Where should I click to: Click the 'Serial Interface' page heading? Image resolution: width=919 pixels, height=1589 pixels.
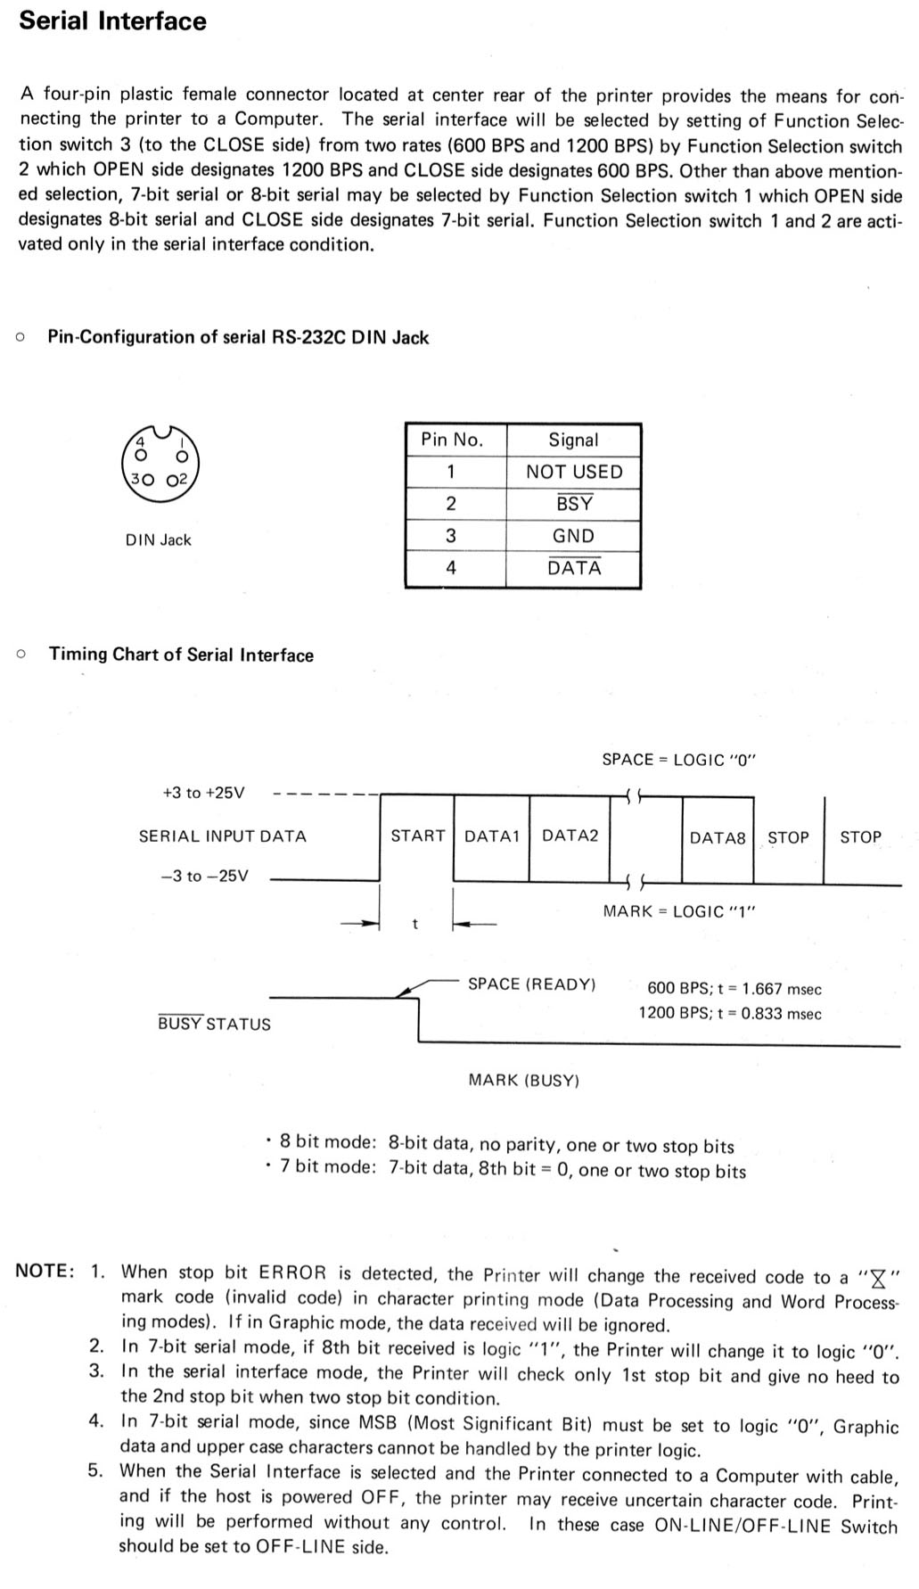112,21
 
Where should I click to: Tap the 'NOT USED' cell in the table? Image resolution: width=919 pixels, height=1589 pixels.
573,472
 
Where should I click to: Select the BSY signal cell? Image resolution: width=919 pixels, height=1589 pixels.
573,504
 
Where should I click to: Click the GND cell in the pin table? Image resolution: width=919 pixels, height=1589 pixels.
573,536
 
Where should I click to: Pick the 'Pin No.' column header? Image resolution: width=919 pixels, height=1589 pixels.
452,440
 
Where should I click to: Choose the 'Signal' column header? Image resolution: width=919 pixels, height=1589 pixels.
573,440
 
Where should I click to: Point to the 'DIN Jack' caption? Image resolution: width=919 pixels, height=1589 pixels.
159,539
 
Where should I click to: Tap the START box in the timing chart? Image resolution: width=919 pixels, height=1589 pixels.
417,837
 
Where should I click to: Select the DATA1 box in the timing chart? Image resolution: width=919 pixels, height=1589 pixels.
491,837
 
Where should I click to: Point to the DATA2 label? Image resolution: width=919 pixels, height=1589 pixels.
570,836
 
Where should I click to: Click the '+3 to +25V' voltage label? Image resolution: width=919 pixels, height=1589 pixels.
204,793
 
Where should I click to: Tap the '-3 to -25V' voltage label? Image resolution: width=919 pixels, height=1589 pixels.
205,876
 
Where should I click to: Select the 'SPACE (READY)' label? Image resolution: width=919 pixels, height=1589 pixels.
532,984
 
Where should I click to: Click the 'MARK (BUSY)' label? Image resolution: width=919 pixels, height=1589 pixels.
524,1081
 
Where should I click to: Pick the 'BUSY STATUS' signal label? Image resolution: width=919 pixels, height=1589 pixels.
214,1024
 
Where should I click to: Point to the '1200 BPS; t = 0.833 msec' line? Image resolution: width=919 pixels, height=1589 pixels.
730,1014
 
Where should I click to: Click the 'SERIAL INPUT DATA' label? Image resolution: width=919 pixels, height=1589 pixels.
223,836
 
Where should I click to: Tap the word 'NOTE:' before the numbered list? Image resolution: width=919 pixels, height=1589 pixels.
45,1272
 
